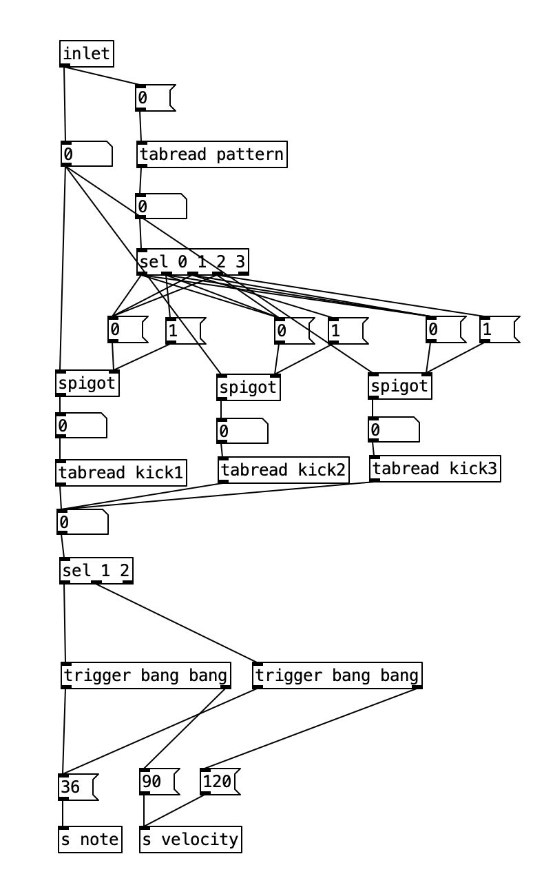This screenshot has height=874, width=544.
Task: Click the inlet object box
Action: pos(87,54)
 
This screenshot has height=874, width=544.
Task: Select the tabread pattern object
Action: pos(211,154)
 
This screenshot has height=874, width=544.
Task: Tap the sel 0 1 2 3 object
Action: pos(193,262)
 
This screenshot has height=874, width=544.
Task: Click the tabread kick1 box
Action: pos(121,473)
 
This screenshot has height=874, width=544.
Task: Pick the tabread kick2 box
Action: pos(284,470)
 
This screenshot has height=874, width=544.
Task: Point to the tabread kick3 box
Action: pos(435,469)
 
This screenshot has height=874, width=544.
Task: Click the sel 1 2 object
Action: pos(96,571)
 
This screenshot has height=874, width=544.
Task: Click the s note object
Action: pos(90,840)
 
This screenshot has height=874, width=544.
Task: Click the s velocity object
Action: pos(191,840)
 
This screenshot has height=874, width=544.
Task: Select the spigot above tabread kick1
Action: pos(87,383)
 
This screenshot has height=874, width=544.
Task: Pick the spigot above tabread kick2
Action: pos(249,387)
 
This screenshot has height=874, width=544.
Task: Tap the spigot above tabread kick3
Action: pos(400,386)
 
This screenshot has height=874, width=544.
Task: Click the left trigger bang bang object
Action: pos(146,675)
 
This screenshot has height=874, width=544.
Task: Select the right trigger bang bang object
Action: pos(337,675)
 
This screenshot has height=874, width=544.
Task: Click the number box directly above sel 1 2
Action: pos(82,522)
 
